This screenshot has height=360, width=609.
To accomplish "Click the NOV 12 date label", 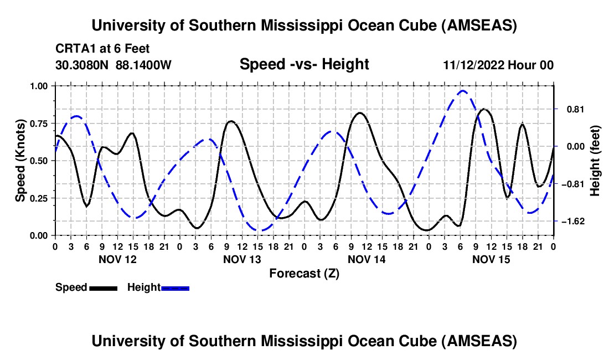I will pyautogui.click(x=117, y=259).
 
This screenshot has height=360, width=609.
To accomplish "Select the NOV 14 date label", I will pyautogui.click(x=367, y=259).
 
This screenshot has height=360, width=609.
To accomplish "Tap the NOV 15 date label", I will pyautogui.click(x=491, y=259).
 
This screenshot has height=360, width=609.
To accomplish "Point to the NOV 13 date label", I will pyautogui.click(x=242, y=259).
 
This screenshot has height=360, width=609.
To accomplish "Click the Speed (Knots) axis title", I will pyautogui.click(x=20, y=161).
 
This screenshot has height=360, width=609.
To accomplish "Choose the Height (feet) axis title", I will pyautogui.click(x=595, y=161).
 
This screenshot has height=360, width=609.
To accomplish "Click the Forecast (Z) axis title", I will pyautogui.click(x=304, y=273).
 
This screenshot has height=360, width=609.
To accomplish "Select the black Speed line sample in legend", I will pyautogui.click(x=103, y=287).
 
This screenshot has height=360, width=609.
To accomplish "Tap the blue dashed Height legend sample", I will pyautogui.click(x=175, y=287).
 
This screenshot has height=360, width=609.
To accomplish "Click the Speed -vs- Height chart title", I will pyautogui.click(x=304, y=64).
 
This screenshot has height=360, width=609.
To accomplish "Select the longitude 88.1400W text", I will pyautogui.click(x=144, y=65).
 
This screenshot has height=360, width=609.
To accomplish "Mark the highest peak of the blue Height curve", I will pyautogui.click(x=463, y=91).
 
